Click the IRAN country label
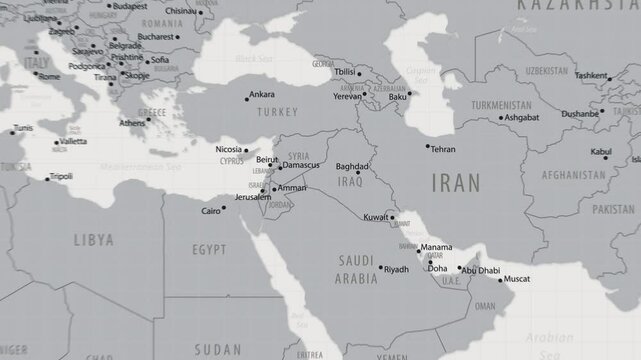click(x=454, y=181)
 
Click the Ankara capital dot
click(x=247, y=99)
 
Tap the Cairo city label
click(x=210, y=211)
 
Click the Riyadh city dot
click(x=379, y=267)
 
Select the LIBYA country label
click(x=93, y=240)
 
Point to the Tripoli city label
click(x=61, y=176)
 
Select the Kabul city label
click(x=601, y=151)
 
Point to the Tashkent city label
click(x=591, y=75)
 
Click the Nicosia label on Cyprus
click(x=229, y=149)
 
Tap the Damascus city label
click(x=301, y=165)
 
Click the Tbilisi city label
click(x=345, y=72)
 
